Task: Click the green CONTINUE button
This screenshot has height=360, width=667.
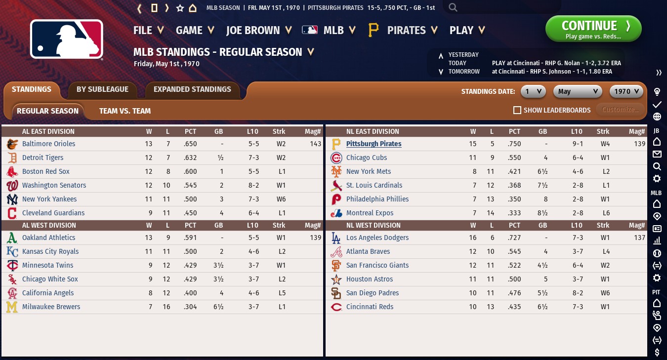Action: (593, 29)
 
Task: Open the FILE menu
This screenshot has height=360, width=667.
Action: (148, 30)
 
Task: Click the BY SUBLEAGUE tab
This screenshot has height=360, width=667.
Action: (102, 89)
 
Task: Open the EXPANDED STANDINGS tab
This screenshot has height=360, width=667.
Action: (192, 89)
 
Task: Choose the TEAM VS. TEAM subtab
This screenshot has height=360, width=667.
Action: (125, 111)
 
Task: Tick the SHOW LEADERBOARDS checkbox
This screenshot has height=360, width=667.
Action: (517, 110)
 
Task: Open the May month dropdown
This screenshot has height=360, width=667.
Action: (577, 91)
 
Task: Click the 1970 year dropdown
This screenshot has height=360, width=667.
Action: (626, 91)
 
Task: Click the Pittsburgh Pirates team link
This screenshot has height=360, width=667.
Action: (374, 144)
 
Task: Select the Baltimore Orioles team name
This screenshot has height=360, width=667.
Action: (48, 144)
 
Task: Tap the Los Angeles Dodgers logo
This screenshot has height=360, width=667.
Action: (336, 238)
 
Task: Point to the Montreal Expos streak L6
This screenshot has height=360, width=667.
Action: (603, 213)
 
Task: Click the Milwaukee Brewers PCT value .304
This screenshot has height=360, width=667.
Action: (190, 307)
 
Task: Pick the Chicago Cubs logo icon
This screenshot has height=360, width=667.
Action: (336, 158)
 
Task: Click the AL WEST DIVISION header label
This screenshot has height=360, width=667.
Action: (49, 225)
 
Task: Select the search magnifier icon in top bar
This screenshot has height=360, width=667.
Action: (453, 7)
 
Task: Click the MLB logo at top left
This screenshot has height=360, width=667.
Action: (67, 39)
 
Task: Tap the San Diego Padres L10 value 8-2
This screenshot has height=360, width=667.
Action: (576, 293)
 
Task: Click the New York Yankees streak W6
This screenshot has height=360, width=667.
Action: (279, 199)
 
